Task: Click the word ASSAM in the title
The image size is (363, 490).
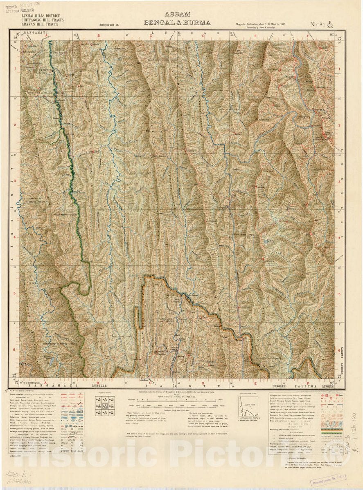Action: (x=177, y=14)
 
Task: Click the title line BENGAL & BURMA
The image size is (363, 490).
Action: (x=177, y=22)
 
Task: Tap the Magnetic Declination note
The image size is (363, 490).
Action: (x=260, y=24)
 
